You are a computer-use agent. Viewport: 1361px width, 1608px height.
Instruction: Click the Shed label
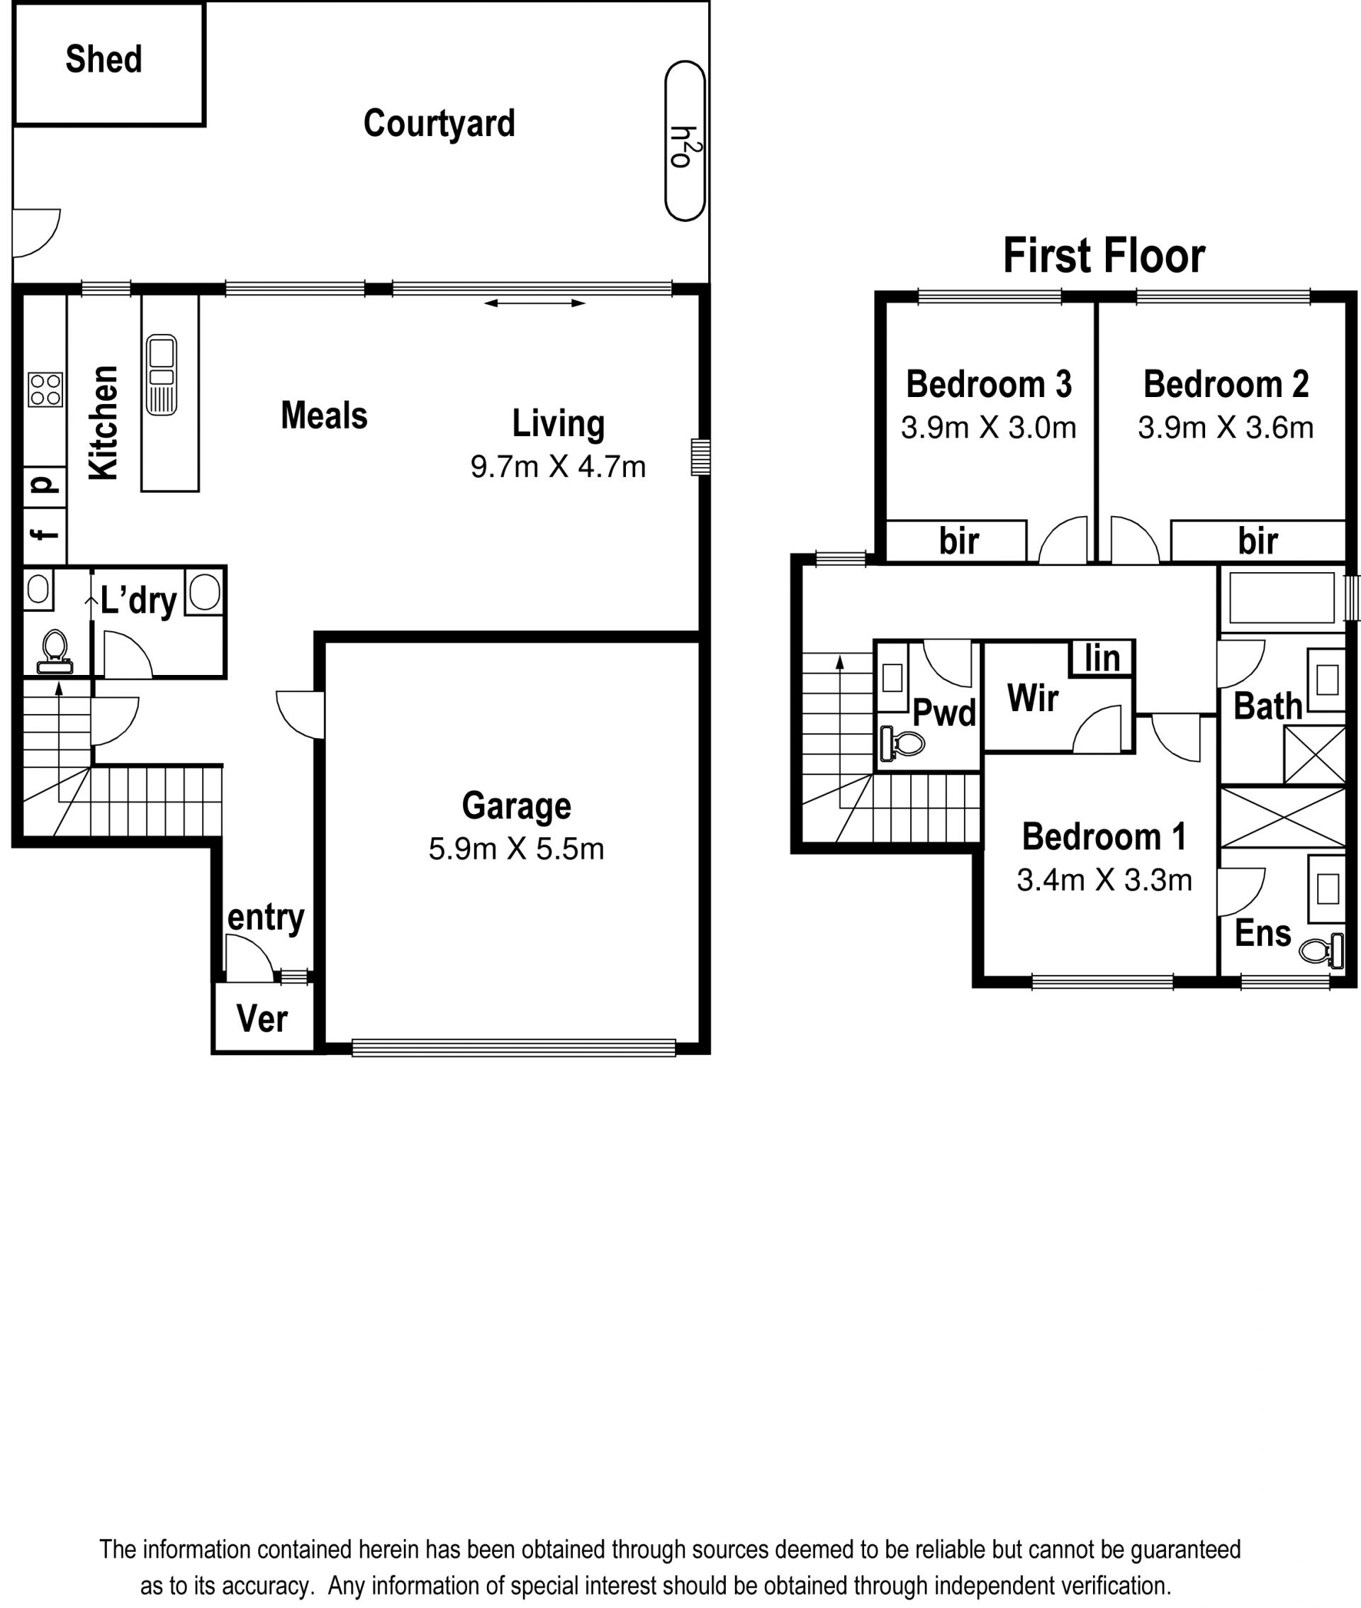(x=103, y=60)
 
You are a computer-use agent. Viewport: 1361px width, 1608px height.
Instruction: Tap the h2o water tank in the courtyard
(x=685, y=141)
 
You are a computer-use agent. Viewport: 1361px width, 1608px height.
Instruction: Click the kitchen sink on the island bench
(x=161, y=374)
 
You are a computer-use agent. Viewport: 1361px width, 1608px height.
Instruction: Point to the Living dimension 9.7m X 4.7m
(x=558, y=467)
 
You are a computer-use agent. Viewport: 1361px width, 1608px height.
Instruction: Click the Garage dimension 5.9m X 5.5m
(x=516, y=849)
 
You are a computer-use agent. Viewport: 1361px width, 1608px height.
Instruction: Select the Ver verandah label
(x=262, y=1019)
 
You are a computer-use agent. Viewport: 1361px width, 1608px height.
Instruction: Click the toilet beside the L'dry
(x=54, y=652)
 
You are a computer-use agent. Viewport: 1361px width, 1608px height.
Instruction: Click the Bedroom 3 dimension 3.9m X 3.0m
(x=988, y=428)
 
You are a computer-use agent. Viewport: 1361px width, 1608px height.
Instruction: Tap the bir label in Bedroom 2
(x=1258, y=541)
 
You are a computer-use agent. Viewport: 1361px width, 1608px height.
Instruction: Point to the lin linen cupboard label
(x=1102, y=658)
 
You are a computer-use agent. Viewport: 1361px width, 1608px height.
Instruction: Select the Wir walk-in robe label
(x=1032, y=698)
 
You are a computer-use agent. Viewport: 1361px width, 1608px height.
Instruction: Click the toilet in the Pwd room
(x=902, y=744)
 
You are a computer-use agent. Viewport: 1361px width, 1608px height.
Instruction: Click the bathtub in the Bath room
(x=1282, y=598)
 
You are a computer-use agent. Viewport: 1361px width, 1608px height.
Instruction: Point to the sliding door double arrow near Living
(x=534, y=303)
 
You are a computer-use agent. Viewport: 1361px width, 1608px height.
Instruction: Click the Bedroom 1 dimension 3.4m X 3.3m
(x=1104, y=880)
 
